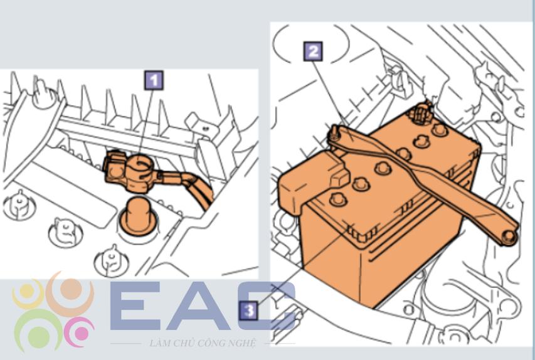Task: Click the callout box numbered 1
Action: (x=154, y=80)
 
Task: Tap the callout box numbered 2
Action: (x=313, y=51)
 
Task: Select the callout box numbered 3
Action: (x=249, y=311)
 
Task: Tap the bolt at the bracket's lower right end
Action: (x=509, y=236)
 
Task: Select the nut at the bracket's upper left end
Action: (x=335, y=132)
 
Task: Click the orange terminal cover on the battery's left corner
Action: (x=312, y=183)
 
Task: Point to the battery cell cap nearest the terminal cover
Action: (x=338, y=199)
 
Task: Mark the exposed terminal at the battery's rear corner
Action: (x=421, y=114)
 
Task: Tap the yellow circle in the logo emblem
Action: (x=27, y=291)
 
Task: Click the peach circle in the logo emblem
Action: (x=71, y=289)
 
